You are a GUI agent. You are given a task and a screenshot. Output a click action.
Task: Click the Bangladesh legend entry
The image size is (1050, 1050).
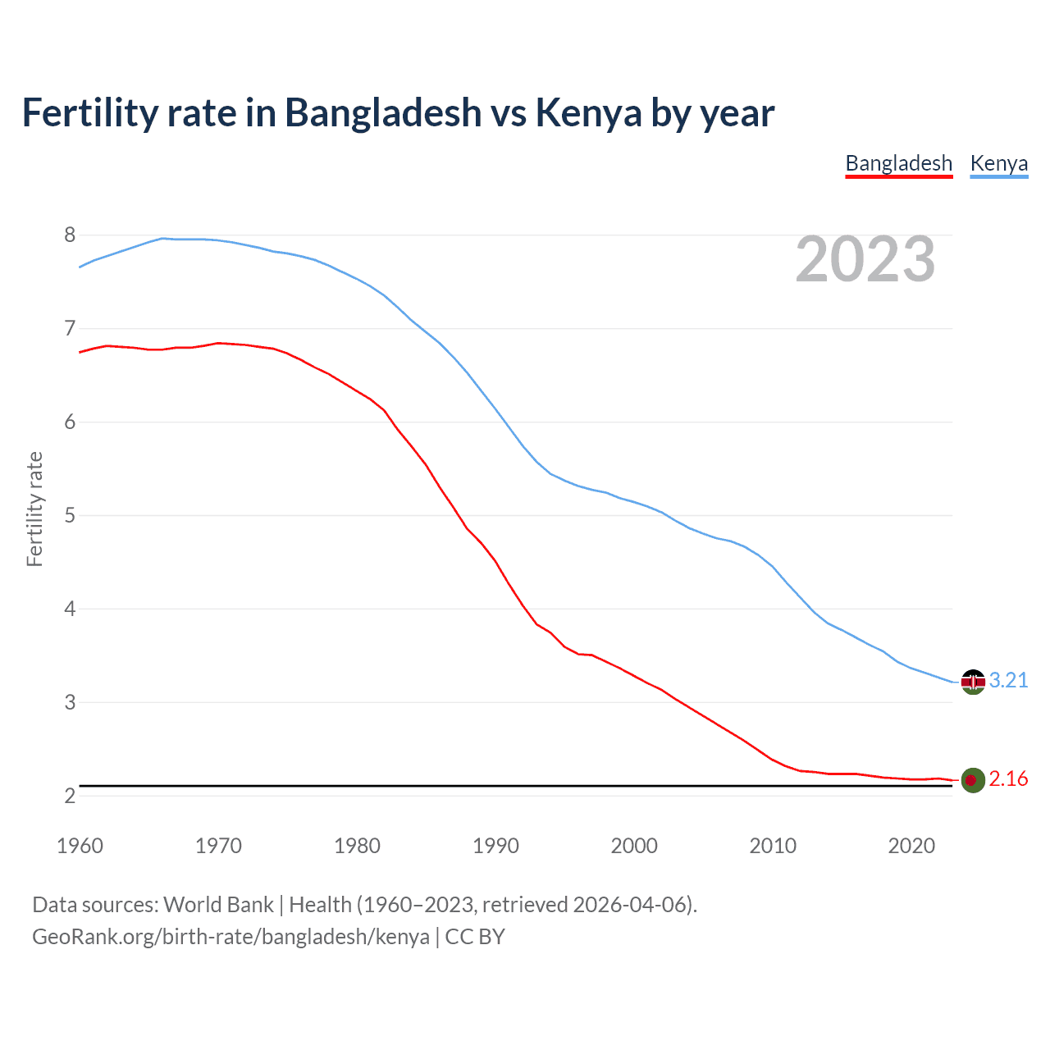(x=898, y=163)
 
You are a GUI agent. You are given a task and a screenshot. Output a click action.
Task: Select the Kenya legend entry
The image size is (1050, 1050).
(x=998, y=163)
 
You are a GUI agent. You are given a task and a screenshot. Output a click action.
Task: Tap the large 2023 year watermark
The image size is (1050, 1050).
(x=865, y=259)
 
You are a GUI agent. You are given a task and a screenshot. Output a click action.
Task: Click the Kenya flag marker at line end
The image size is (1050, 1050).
(x=973, y=681)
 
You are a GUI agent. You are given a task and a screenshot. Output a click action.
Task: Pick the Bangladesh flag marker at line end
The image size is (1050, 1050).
(x=973, y=779)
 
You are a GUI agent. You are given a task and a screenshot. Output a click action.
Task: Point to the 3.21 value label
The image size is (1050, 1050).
(x=1008, y=680)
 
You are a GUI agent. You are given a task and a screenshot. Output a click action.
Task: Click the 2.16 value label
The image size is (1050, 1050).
(x=1008, y=778)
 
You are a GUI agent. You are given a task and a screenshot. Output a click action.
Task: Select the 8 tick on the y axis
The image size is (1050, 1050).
(x=70, y=235)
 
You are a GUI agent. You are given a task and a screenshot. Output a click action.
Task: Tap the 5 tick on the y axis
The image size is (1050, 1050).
(x=70, y=516)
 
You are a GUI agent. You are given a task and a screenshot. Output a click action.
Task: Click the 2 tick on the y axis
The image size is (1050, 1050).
(x=70, y=796)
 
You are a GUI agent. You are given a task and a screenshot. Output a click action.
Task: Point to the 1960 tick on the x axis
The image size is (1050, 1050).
(x=80, y=846)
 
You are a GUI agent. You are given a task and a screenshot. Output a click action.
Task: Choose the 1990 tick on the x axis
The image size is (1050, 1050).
(x=495, y=846)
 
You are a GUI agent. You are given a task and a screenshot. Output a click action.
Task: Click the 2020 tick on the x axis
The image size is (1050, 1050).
(x=911, y=846)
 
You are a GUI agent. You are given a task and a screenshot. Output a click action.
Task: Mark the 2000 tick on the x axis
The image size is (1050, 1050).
(x=634, y=846)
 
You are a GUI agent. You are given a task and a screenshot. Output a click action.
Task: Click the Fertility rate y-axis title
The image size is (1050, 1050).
(x=34, y=509)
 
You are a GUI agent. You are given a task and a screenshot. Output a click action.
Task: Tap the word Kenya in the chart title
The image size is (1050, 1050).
(x=588, y=112)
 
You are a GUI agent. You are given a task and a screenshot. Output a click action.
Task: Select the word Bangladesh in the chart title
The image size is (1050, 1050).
(x=383, y=112)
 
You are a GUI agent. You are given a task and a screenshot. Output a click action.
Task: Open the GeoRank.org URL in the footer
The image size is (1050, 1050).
(x=231, y=937)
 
